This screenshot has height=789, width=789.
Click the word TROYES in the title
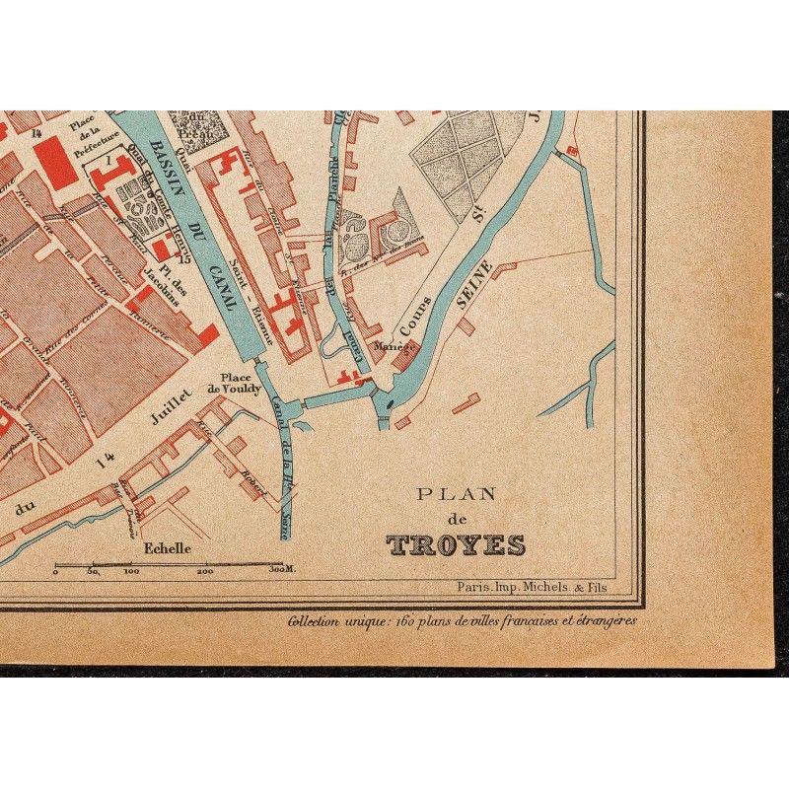coord(456,545)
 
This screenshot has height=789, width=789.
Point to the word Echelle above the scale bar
coord(167,548)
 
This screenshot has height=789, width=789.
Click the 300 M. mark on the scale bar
coord(283,571)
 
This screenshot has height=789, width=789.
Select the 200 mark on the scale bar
coord(205,571)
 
